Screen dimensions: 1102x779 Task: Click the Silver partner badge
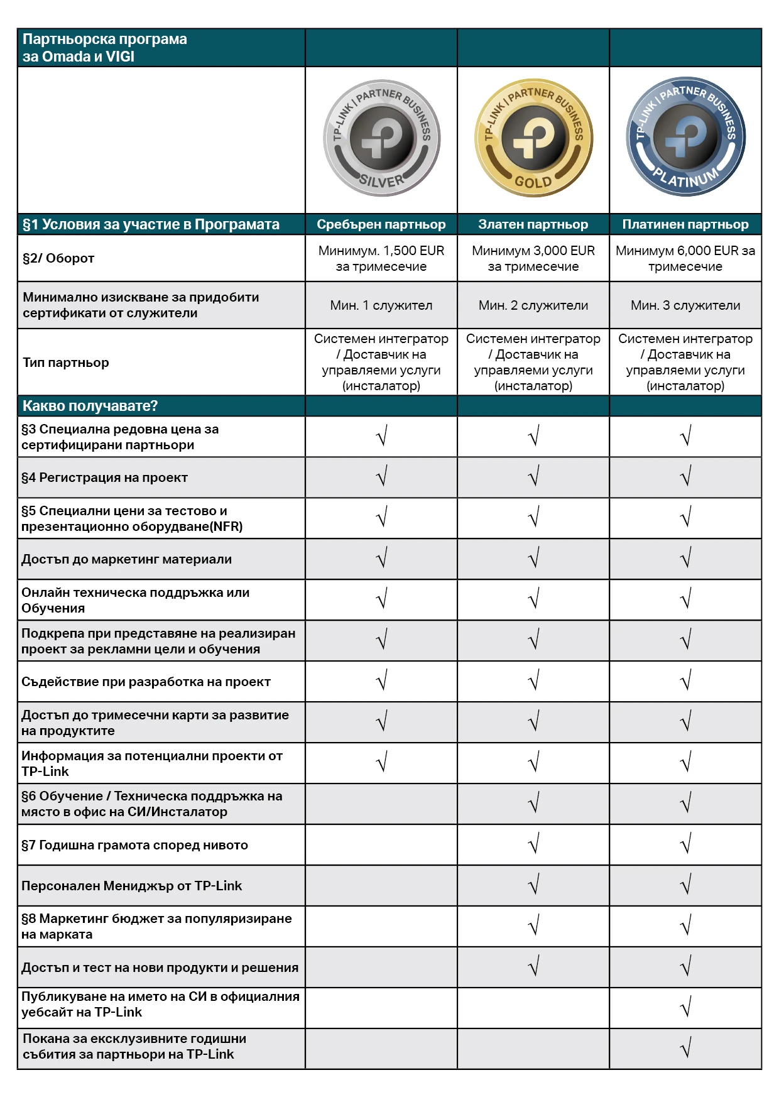point(381,138)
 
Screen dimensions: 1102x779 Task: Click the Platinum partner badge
point(685,138)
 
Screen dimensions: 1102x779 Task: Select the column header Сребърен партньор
point(381,224)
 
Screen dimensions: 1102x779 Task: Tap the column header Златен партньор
point(533,224)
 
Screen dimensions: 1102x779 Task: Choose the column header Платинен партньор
point(685,224)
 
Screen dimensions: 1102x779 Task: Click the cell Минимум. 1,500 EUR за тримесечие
point(381,258)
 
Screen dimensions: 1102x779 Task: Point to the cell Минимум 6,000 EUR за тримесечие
point(685,258)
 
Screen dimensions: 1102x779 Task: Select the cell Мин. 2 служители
point(533,305)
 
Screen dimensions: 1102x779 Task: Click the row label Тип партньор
point(66,363)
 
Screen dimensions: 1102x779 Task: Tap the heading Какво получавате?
point(90,406)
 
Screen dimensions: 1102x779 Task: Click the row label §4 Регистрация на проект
point(105,477)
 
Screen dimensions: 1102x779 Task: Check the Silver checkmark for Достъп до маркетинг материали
point(382,558)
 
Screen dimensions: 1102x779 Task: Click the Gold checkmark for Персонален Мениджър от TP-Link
point(534,885)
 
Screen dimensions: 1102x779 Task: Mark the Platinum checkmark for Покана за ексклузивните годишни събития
point(686,1048)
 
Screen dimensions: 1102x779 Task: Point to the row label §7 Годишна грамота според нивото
point(135,845)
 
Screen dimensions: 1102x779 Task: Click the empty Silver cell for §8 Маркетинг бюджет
point(381,926)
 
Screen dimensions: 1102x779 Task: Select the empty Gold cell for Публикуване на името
point(533,1008)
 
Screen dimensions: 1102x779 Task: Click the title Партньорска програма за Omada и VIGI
point(105,48)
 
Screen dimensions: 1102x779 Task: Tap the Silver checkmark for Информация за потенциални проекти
point(382,762)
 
